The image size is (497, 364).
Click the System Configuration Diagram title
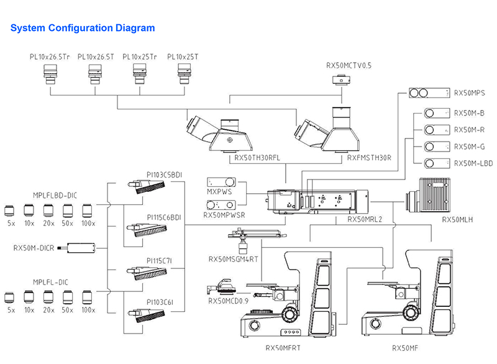83,28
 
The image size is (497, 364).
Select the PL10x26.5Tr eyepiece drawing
50,75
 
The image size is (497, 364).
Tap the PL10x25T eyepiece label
183,57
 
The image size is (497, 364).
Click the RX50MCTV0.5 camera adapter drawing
341,80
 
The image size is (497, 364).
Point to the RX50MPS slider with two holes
429,93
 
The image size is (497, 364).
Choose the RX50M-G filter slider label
470,147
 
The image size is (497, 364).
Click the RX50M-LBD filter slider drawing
437,163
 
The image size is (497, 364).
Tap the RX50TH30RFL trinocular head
219,134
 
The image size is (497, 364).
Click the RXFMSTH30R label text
369,158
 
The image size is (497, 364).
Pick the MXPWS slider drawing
221,182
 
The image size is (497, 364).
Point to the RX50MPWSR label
224,215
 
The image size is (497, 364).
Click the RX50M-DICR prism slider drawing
76,248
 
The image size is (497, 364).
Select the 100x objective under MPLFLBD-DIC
87,211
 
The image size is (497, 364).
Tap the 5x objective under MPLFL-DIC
9,298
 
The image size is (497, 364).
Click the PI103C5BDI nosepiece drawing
147,186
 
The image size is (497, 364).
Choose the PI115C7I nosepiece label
159,261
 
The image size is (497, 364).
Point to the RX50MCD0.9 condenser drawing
221,288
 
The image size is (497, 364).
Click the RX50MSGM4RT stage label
234,259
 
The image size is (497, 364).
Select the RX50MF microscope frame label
405,348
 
